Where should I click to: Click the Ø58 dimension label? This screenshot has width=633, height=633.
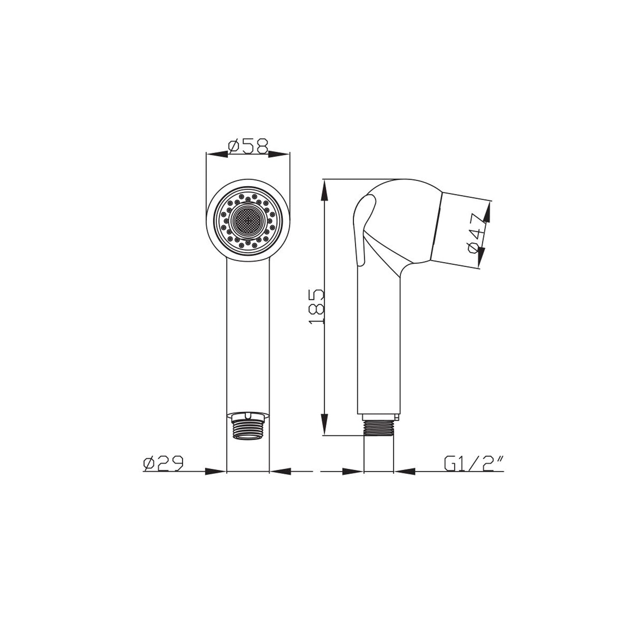pyautogui.click(x=248, y=146)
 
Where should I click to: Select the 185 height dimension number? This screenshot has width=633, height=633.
pyautogui.click(x=316, y=306)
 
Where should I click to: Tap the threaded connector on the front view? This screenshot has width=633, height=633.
pyautogui.click(x=248, y=427)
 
